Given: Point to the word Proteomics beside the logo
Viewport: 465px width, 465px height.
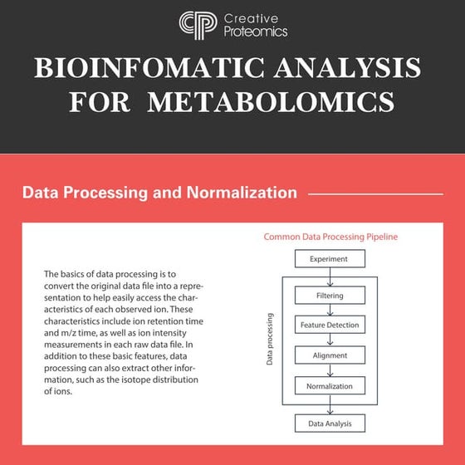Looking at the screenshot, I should coord(256,32).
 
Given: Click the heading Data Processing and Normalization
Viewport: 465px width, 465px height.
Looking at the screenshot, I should coord(159,193).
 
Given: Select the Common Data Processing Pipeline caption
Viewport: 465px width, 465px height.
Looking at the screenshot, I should coord(330,237).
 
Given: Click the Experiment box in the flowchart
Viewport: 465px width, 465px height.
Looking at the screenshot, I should coord(330,259).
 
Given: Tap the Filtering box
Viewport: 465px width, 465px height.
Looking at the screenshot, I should coord(330,296).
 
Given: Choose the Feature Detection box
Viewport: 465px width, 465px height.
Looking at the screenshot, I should coord(330,325).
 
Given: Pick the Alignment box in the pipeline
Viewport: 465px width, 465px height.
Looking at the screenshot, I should coord(330,355).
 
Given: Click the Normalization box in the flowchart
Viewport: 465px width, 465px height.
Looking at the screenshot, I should coord(330,385).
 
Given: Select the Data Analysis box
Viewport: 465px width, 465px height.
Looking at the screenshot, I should coord(330,423).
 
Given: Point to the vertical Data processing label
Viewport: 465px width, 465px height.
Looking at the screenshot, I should coord(270,340).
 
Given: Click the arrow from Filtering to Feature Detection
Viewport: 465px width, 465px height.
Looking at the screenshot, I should coord(330,310).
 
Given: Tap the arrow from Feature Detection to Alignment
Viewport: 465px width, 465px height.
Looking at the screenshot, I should coord(330,340).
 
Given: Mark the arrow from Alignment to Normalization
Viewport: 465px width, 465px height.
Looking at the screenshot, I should coord(330,370).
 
